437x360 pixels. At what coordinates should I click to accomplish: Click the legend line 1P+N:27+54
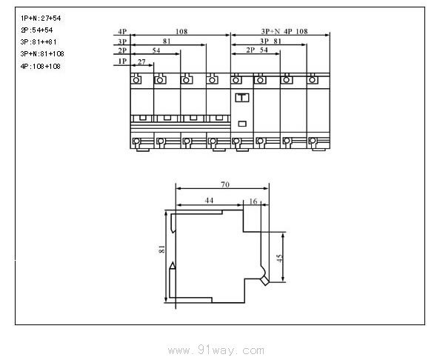(41, 19)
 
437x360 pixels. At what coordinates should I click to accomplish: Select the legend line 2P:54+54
(36, 30)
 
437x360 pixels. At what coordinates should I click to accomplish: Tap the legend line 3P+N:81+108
(42, 54)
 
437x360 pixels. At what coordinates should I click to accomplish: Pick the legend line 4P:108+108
(41, 67)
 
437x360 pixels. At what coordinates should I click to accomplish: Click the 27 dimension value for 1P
(141, 61)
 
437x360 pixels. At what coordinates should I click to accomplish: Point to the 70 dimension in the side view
(225, 184)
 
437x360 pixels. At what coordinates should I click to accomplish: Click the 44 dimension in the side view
(209, 200)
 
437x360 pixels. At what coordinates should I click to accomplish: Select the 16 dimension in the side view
(253, 201)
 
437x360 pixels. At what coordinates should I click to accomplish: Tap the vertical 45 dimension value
(279, 258)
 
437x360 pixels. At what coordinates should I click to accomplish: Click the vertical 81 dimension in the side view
(161, 250)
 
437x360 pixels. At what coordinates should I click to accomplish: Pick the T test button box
(242, 98)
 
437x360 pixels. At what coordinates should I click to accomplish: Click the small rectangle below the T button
(242, 124)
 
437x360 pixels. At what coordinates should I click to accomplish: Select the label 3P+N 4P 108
(284, 31)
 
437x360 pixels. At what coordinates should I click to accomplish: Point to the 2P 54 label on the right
(257, 50)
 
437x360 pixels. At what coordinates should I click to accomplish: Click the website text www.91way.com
(216, 350)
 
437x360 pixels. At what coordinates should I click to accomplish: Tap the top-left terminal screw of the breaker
(136, 80)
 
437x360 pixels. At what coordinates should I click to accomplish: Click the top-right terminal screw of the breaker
(313, 80)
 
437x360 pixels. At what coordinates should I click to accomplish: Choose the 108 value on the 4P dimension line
(181, 32)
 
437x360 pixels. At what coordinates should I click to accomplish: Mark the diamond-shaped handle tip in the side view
(265, 281)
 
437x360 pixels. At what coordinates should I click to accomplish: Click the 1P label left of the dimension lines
(123, 61)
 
